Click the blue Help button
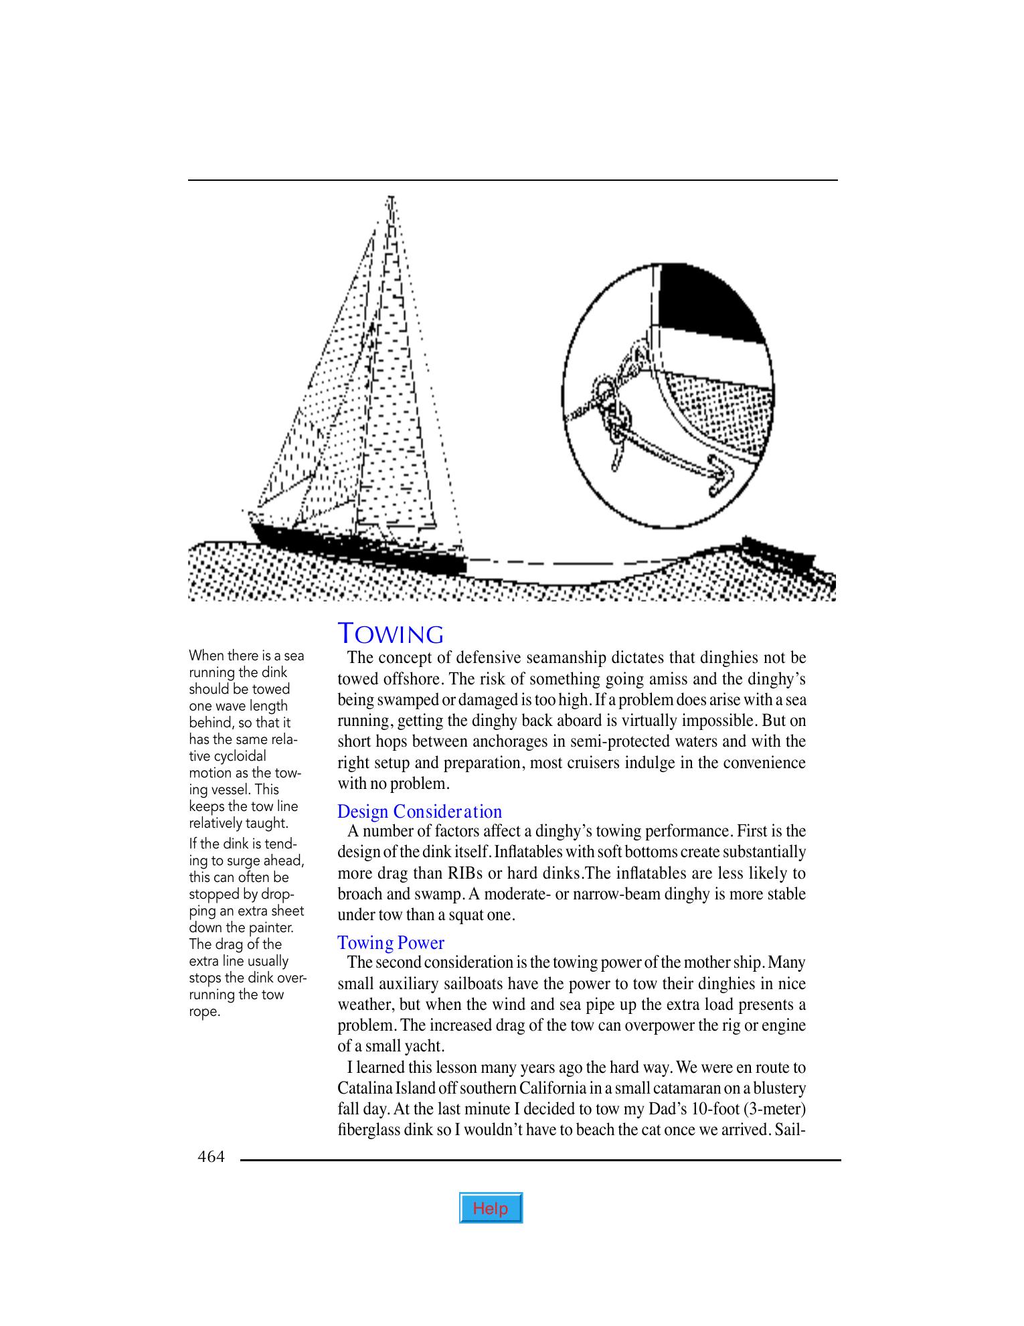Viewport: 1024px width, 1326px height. coord(491,1208)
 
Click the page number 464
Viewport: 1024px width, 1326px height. coord(211,1156)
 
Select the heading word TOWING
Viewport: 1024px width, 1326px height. coord(391,633)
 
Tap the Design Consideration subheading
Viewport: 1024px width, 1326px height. coord(420,812)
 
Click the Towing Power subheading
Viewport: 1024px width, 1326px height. coord(391,943)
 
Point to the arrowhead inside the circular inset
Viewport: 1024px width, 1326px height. coord(721,476)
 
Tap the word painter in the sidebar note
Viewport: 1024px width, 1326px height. coord(270,928)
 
